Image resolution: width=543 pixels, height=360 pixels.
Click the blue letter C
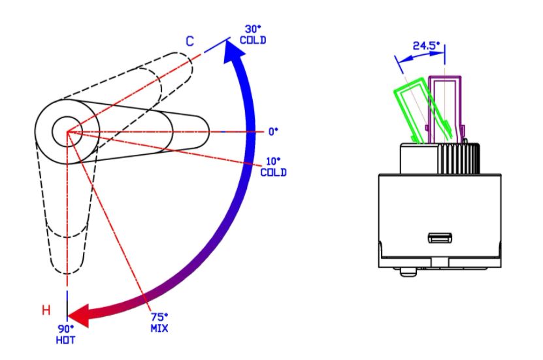[x=189, y=41]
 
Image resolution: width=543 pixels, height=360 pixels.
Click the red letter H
[x=46, y=310]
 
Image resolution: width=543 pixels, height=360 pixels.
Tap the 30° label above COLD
[x=253, y=29]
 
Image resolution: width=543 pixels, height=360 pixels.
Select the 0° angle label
[x=273, y=131]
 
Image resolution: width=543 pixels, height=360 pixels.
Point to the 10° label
[x=273, y=161]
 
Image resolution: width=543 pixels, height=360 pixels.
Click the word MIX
[x=159, y=328]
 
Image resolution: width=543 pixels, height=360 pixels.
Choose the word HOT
[x=65, y=340]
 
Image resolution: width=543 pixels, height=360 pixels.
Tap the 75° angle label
[x=159, y=317]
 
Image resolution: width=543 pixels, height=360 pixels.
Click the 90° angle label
[x=66, y=329]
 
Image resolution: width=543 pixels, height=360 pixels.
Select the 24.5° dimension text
[x=426, y=45]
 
